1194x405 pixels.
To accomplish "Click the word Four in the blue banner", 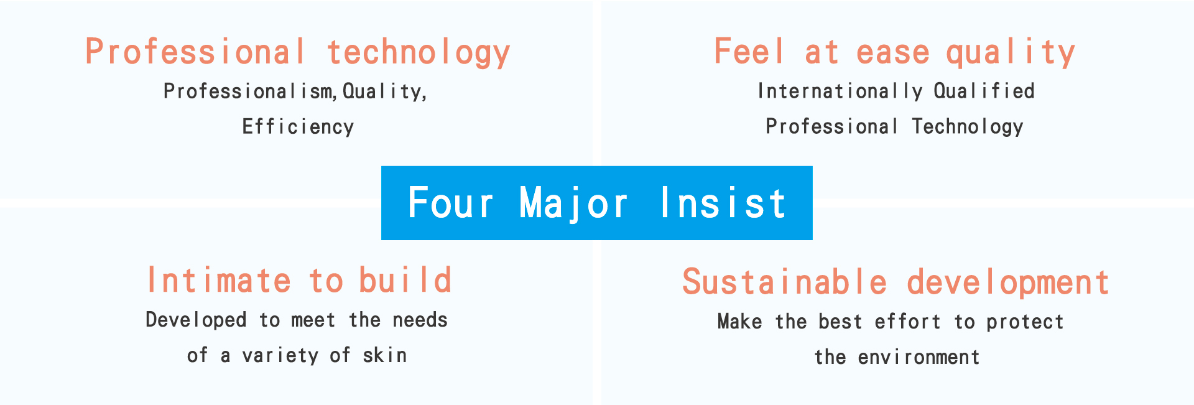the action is [x=450, y=203].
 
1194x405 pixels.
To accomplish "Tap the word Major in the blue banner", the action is [x=573, y=204].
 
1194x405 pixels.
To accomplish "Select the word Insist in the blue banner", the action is [x=723, y=203].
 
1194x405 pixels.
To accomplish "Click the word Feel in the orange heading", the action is [x=749, y=51].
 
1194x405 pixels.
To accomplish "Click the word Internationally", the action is [x=840, y=91].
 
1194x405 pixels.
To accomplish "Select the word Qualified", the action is [x=984, y=91].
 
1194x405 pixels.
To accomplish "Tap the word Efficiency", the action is [x=298, y=127].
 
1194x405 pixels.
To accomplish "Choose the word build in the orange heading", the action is [x=405, y=280].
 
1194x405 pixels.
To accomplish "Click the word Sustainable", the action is [x=785, y=282].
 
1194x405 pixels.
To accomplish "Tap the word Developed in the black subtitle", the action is [x=196, y=320].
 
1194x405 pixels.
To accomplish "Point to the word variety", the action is [x=280, y=356].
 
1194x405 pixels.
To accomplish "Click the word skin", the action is [x=385, y=355].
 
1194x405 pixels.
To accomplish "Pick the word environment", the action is [x=919, y=357].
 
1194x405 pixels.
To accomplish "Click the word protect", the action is [x=1025, y=322].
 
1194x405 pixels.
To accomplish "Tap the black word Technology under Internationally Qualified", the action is [x=968, y=127].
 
